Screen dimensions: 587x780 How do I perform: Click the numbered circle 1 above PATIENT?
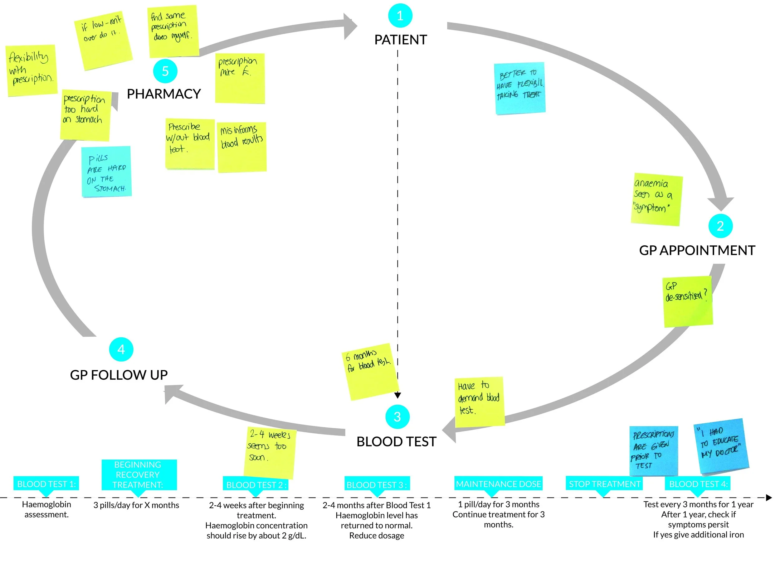tap(400, 16)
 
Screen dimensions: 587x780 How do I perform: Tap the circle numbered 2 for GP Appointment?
tap(720, 226)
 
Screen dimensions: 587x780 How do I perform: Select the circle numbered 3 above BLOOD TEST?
tap(397, 417)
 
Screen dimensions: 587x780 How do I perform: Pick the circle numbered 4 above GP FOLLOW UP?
tap(121, 349)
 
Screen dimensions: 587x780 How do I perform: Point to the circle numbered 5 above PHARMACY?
tap(165, 71)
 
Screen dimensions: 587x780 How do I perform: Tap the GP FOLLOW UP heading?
tap(119, 375)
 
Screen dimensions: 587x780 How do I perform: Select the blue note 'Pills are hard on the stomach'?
tap(106, 171)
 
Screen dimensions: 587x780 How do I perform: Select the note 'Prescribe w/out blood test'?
tap(190, 143)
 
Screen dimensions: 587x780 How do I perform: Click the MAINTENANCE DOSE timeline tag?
tap(498, 484)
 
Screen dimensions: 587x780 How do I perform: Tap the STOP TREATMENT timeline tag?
tap(604, 484)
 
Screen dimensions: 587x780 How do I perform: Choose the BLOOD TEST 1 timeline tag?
tap(46, 484)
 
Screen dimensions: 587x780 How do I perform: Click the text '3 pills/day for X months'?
tap(136, 505)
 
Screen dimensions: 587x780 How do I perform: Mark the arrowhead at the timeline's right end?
tap(769, 498)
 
